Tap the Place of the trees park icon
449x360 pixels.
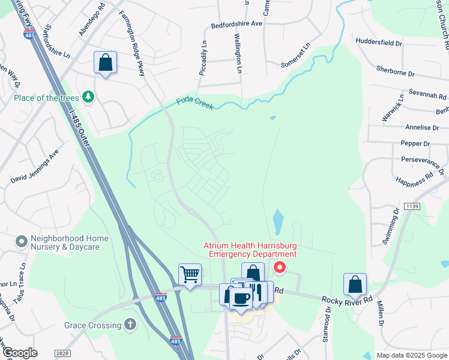tap(88, 97)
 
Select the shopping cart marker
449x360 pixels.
tap(190, 275)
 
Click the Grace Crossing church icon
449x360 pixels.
tap(130, 325)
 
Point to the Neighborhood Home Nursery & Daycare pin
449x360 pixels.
tap(22, 242)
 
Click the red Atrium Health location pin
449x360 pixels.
tap(279, 266)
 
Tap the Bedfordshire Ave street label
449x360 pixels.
tap(237, 25)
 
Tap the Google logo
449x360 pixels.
tap(20, 353)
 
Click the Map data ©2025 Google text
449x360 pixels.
tap(411, 355)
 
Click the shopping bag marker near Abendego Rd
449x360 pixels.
tap(105, 63)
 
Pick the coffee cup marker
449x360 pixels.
tap(241, 298)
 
